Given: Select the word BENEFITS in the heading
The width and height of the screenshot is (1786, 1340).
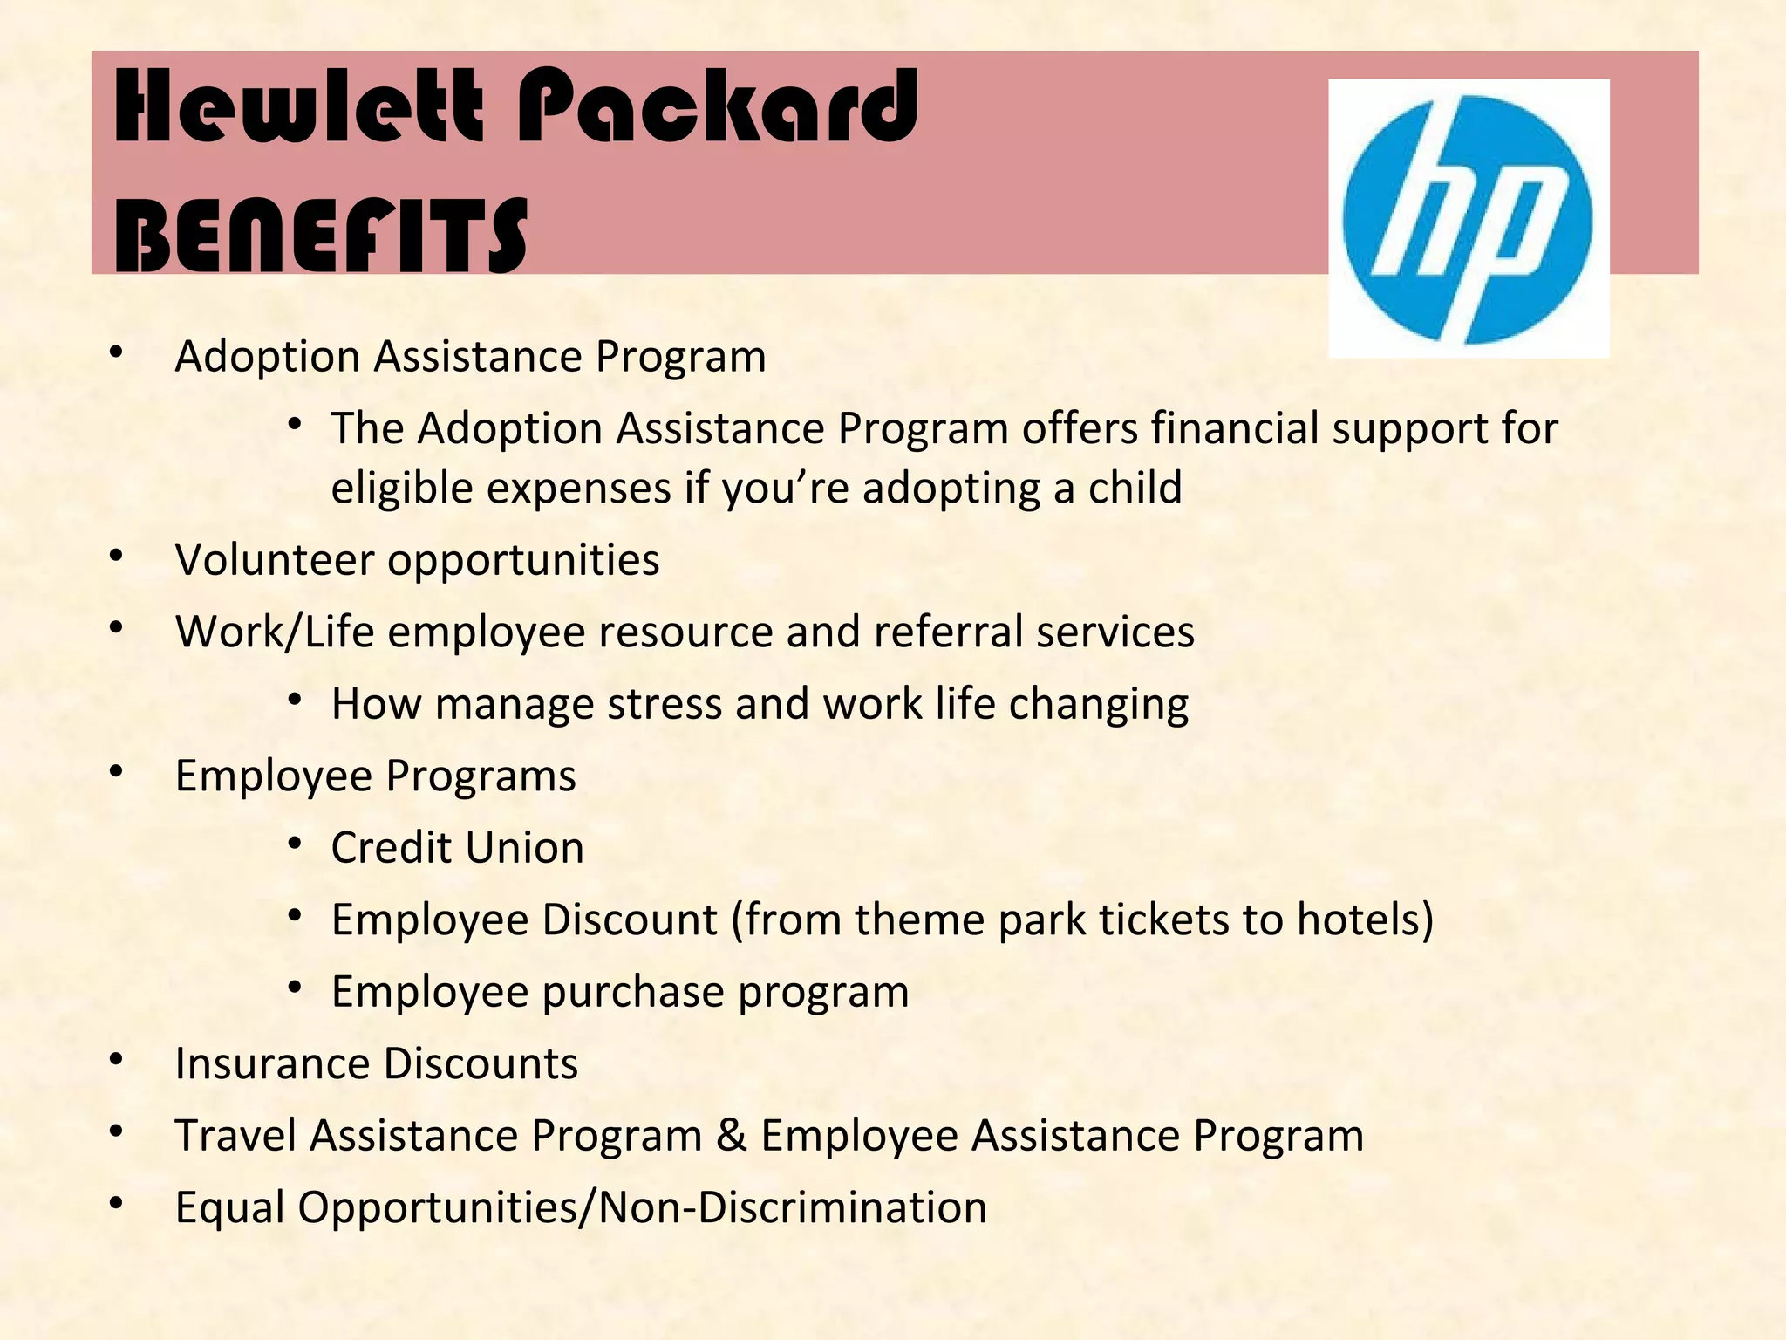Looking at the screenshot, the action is [321, 236].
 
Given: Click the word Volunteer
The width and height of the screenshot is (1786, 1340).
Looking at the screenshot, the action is [274, 559].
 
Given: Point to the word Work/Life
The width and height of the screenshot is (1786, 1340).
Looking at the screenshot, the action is [274, 632].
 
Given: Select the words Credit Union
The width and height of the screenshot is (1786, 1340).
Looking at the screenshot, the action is [457, 848].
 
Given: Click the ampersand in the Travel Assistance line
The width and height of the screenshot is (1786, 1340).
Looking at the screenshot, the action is [731, 1136].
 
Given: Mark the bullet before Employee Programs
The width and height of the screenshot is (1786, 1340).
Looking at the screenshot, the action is [117, 772].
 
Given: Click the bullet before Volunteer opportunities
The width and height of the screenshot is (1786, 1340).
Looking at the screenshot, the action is [117, 556].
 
